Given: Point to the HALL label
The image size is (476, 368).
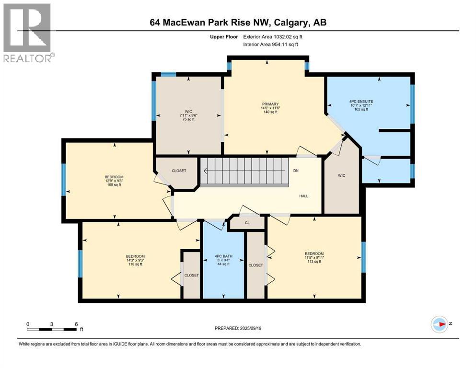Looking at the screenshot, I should coord(304,196).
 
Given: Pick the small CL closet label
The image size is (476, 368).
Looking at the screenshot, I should coord(247,223).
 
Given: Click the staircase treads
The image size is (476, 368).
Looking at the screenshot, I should coord(245,172).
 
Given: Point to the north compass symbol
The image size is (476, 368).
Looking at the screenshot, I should coord(440,324).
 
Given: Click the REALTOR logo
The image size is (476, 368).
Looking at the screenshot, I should coord(28,33).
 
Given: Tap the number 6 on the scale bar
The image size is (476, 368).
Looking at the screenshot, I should coord(76,323).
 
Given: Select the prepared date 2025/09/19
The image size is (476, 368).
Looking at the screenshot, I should coord(238,328).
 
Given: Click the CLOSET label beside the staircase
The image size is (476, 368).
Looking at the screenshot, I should coord(178,171).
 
